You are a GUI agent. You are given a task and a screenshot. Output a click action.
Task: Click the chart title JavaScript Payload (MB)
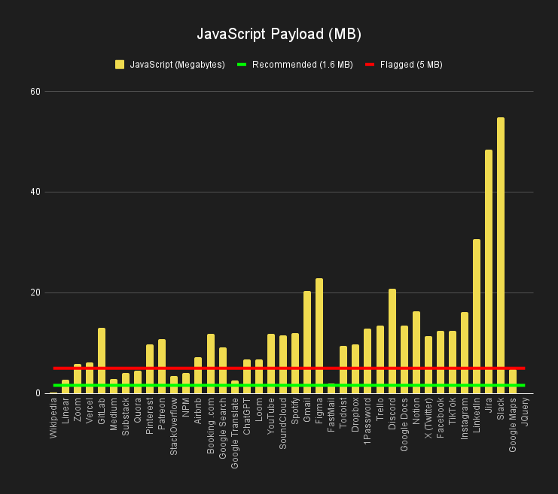pos(279,35)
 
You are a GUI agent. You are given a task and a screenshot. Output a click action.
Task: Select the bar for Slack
pos(501,256)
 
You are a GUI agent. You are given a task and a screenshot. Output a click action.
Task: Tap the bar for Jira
pos(489,271)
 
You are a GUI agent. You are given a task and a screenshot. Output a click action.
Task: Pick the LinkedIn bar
pos(477,316)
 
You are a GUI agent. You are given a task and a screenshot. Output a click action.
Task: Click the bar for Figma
pos(319,335)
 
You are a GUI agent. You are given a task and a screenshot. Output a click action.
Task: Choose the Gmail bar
pos(307,342)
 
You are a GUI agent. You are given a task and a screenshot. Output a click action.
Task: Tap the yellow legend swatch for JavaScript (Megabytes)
pos(120,65)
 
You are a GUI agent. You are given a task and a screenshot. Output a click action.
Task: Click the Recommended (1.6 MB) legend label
pos(302,65)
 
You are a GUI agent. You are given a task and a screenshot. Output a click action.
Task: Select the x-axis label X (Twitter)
pos(428,420)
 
